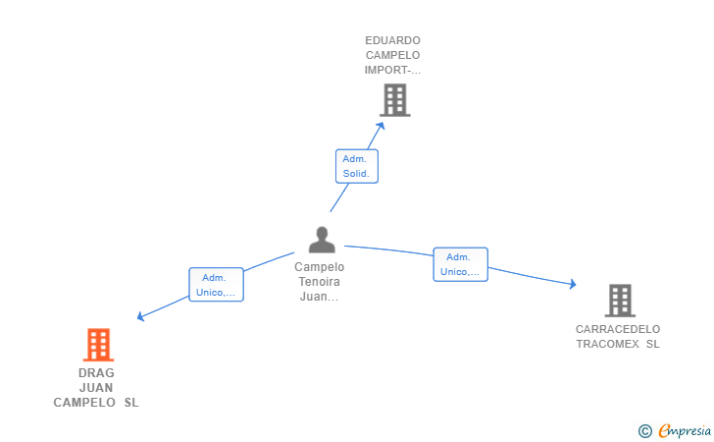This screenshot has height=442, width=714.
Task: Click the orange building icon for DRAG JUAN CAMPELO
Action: (98, 346)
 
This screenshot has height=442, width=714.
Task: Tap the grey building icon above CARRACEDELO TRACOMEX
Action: (619, 301)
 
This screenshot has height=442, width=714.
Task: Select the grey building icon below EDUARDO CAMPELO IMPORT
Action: (394, 100)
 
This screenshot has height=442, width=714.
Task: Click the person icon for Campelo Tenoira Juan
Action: (322, 240)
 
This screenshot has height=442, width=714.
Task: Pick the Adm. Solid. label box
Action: (356, 166)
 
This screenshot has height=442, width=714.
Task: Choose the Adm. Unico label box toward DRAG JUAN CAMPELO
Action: (216, 285)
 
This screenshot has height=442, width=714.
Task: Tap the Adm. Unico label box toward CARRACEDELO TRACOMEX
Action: (460, 264)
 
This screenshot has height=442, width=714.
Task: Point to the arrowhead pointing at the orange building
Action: (141, 317)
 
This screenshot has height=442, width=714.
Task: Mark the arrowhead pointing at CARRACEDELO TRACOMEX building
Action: (572, 285)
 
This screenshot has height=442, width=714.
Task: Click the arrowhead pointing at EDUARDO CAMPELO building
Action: (382, 125)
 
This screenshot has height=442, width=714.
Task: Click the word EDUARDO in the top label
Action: (392, 41)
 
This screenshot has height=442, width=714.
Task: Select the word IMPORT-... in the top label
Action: (392, 70)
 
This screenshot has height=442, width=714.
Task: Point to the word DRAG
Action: (96, 373)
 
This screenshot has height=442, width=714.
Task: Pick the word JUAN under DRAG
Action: (96, 388)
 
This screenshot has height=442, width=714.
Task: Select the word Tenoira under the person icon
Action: (319, 282)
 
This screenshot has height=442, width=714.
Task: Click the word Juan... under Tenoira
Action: (319, 297)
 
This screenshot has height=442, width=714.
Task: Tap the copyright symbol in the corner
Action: (644, 430)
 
